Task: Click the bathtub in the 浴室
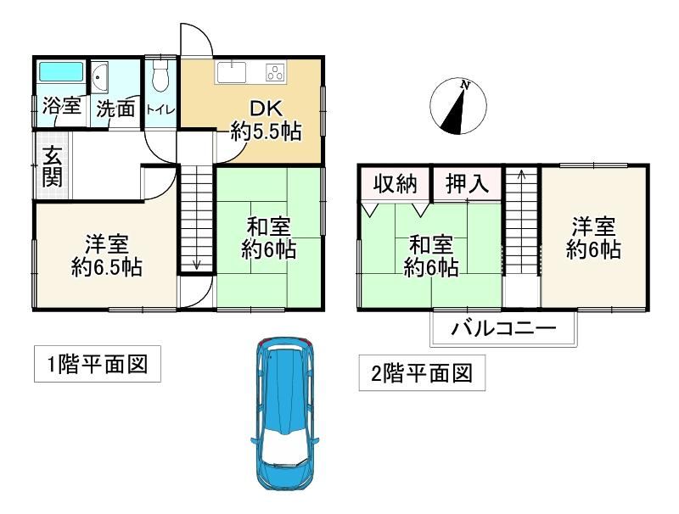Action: pyautogui.click(x=61, y=71)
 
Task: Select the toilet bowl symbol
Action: pyautogui.click(x=160, y=76)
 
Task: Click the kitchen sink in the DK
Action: pyautogui.click(x=232, y=72)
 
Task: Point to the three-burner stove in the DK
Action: pyautogui.click(x=275, y=72)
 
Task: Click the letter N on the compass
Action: pyautogui.click(x=465, y=85)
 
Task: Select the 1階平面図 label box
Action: pyautogui.click(x=98, y=364)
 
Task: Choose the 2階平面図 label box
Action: pyautogui.click(x=422, y=373)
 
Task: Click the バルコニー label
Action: pyautogui.click(x=503, y=329)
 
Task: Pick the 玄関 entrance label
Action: pyautogui.click(x=53, y=166)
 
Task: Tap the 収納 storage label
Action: pyautogui.click(x=396, y=184)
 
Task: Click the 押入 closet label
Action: pyautogui.click(x=468, y=184)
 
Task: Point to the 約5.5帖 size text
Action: pyautogui.click(x=266, y=131)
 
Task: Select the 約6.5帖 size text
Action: pyautogui.click(x=107, y=267)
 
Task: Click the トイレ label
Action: pyautogui.click(x=160, y=109)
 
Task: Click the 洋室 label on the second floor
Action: pyautogui.click(x=593, y=227)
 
